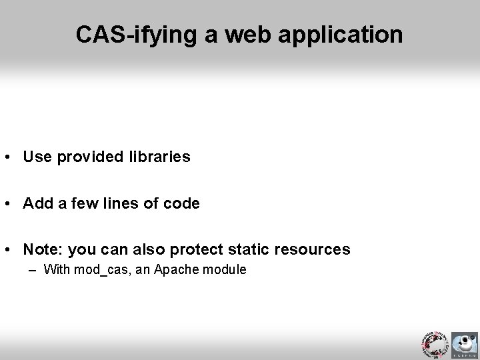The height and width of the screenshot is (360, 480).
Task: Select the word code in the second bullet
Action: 181,203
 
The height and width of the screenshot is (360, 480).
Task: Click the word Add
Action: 37,203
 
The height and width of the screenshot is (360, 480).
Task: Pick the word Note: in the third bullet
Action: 44,249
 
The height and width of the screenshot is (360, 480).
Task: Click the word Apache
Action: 173,270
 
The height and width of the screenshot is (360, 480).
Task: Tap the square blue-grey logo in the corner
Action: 465,345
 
